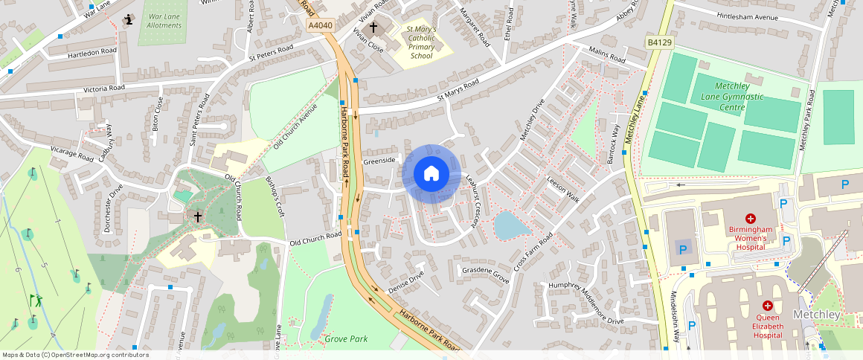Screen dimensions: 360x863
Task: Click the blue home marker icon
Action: click(431, 174)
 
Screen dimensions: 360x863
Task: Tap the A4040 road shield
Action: click(320, 25)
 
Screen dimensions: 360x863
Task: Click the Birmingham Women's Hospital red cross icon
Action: click(751, 219)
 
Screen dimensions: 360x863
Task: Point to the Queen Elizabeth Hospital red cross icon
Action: click(767, 306)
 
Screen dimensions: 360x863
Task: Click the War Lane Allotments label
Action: click(164, 21)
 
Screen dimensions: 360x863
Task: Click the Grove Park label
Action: click(346, 339)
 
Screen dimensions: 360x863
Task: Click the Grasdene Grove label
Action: click(485, 274)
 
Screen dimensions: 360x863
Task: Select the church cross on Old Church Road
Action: click(198, 216)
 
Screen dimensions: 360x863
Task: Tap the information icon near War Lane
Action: click(130, 20)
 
